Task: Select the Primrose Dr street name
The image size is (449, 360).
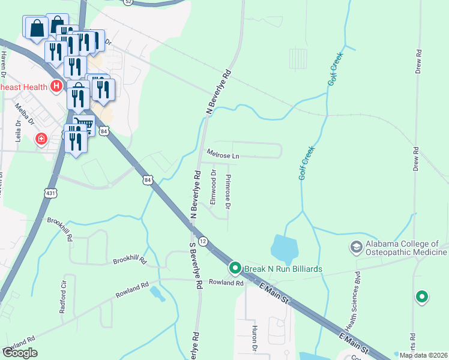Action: pyautogui.click(x=228, y=192)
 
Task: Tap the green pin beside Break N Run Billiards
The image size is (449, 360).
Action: pyautogui.click(x=235, y=268)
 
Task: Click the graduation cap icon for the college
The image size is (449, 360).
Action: pyautogui.click(x=356, y=247)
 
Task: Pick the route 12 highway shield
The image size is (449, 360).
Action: pyautogui.click(x=204, y=241)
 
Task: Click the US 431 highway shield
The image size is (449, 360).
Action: pyautogui.click(x=50, y=192)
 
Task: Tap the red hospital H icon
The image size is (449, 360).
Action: pyautogui.click(x=56, y=86)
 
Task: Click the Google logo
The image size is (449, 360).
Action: pyautogui.click(x=20, y=353)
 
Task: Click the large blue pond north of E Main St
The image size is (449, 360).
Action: pyautogui.click(x=285, y=247)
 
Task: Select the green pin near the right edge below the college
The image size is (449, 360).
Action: pyautogui.click(x=422, y=296)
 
